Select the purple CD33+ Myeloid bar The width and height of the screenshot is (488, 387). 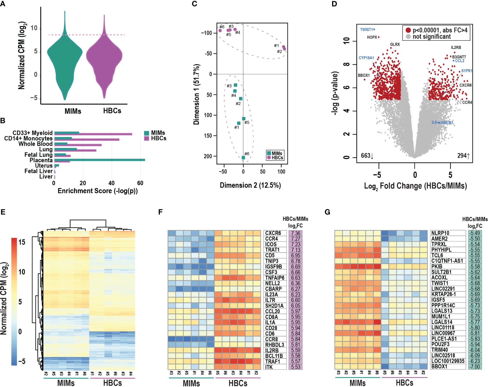point(93,134)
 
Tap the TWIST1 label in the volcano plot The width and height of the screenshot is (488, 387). point(366,30)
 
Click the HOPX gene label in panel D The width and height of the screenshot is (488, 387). point(372,37)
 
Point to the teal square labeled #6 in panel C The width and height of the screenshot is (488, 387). point(243,158)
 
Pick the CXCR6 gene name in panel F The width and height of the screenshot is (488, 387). point(273,233)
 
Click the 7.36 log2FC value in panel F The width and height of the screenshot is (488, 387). point(295,233)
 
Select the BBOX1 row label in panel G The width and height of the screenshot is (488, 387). point(439,367)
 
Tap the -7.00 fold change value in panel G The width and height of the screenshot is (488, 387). point(475,367)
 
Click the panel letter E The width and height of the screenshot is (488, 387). point(3,212)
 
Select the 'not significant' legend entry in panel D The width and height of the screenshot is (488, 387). point(431,37)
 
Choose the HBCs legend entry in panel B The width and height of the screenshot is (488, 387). point(159,139)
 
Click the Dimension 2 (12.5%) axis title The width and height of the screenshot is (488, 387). point(250,185)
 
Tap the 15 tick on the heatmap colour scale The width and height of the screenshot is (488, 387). point(22,242)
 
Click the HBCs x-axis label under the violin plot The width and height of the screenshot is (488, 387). point(112,111)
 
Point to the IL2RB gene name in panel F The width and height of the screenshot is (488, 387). point(272,350)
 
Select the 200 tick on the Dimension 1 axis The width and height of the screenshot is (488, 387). point(208,156)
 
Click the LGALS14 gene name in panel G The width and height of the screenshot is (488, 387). point(442,322)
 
